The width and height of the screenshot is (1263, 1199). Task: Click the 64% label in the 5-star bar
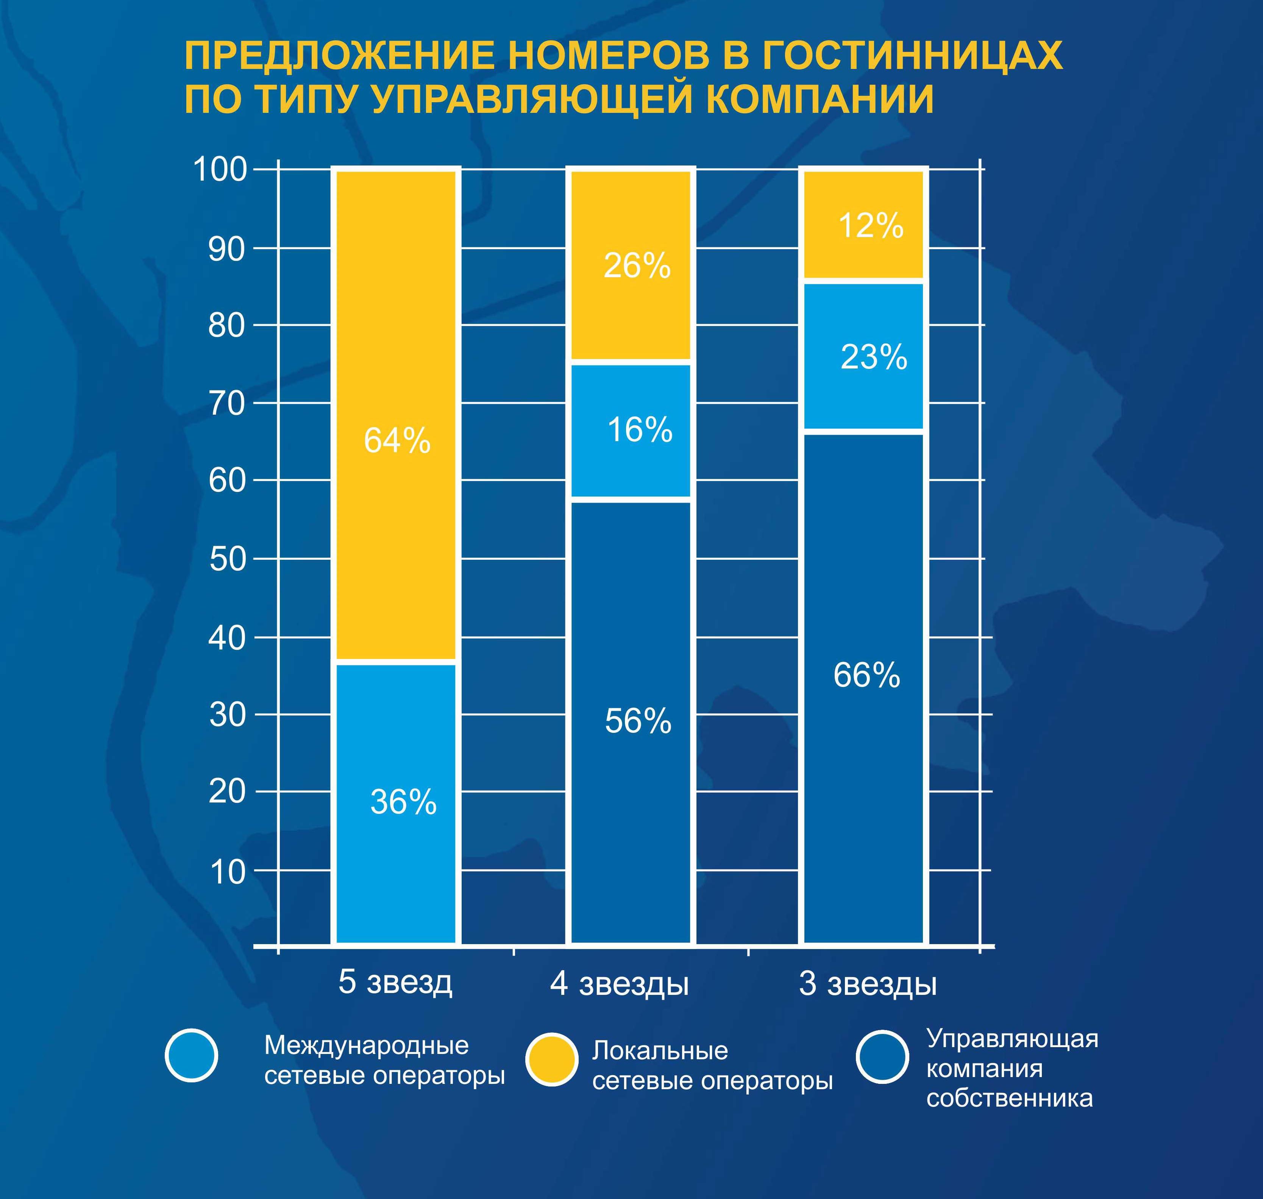(x=397, y=440)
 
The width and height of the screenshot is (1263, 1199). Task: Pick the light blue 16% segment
(x=631, y=429)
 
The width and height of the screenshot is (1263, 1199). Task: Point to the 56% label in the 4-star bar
(x=638, y=721)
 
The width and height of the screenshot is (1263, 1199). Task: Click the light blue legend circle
(x=192, y=1055)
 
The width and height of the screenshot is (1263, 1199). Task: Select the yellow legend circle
(x=552, y=1060)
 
